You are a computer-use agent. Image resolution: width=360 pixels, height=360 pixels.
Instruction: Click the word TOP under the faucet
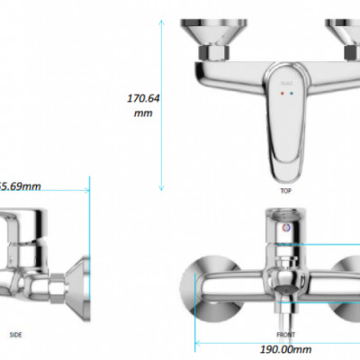click(x=285, y=192)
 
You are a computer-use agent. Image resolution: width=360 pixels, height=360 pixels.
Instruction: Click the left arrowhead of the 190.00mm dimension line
click(x=201, y=340)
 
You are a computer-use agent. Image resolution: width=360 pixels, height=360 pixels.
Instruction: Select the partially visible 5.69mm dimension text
click(x=20, y=187)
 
